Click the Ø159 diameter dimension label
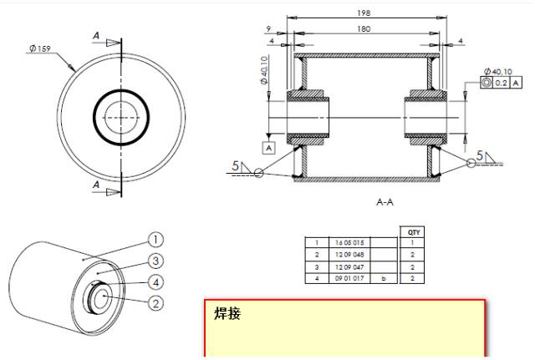pos(39,48)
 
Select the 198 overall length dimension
pos(364,13)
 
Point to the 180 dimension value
pos(364,28)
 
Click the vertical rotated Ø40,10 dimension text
pos(264,71)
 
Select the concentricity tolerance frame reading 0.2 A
pos(499,83)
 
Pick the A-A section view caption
pos(364,201)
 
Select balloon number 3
pos(155,261)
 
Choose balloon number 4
pos(155,281)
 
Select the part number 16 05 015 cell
pos(348,243)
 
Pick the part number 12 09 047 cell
pos(348,266)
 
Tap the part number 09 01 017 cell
pos(348,276)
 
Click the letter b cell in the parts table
pos(385,276)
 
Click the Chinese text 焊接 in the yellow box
pos(227,315)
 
